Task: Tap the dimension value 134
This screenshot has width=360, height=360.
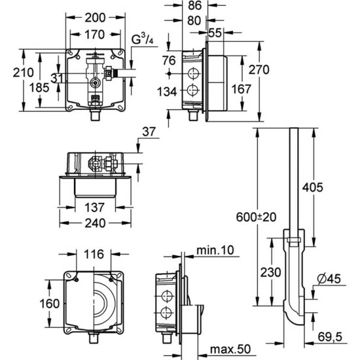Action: point(167,92)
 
